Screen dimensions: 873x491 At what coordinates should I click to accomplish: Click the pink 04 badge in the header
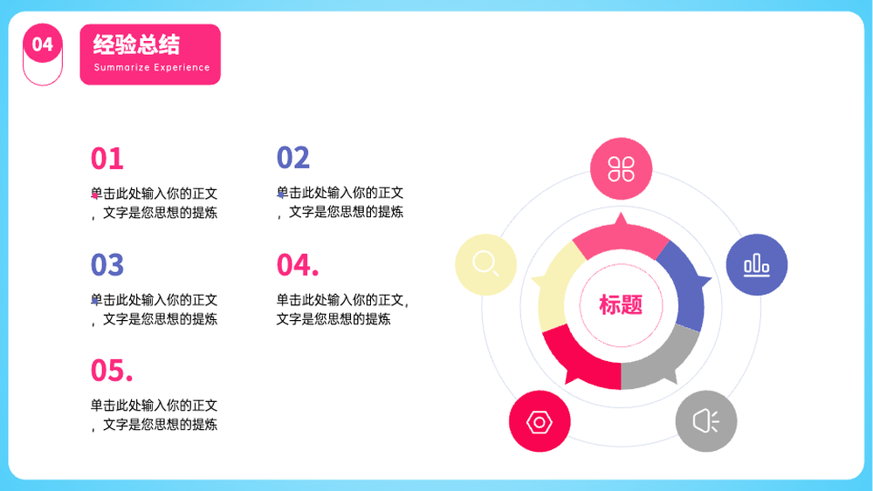tap(42, 44)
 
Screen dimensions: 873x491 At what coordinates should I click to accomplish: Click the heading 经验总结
tap(136, 45)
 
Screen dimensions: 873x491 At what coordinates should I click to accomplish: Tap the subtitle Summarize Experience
tap(152, 67)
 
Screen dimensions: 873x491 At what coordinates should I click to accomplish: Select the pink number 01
tap(107, 159)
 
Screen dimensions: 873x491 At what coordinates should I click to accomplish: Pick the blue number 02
tap(292, 157)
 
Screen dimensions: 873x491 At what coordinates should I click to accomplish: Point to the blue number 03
tap(107, 264)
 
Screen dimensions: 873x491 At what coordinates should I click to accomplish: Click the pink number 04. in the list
tap(298, 264)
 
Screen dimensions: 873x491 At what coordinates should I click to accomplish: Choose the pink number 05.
tap(112, 371)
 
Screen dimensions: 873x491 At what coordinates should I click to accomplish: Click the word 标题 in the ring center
tap(621, 304)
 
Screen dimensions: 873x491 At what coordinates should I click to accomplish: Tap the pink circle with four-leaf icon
tap(621, 168)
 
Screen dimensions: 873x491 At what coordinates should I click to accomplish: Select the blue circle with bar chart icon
tap(757, 264)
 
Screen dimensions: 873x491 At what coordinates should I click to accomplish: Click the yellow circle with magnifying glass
tap(485, 264)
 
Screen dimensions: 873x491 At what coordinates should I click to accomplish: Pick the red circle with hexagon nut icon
tap(540, 421)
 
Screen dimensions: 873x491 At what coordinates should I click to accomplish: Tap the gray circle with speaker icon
tap(706, 421)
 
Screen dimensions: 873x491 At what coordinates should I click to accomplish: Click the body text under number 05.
tap(155, 415)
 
